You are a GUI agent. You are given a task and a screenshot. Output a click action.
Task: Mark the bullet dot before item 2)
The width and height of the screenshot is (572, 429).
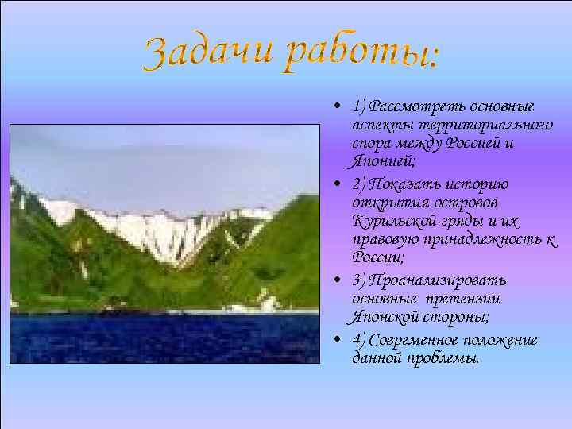pyautogui.click(x=338, y=185)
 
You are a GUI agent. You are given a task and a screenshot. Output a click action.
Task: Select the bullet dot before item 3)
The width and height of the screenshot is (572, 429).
pyautogui.click(x=338, y=281)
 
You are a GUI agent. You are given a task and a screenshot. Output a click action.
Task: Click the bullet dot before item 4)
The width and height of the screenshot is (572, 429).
pyautogui.click(x=338, y=340)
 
